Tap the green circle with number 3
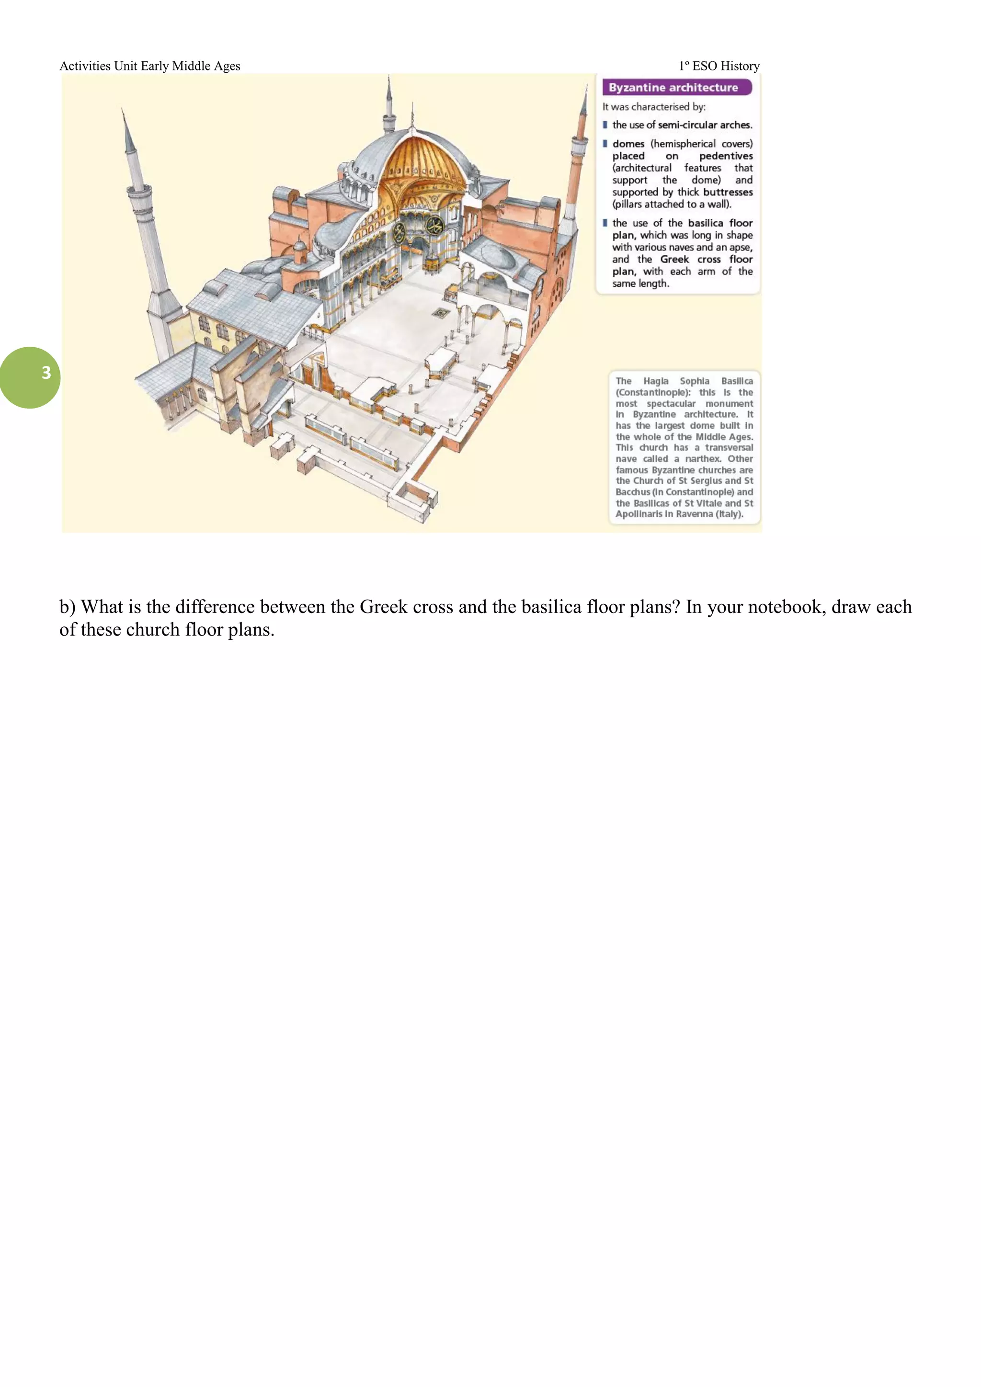coord(30,377)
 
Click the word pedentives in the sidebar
coord(726,156)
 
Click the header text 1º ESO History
coord(719,66)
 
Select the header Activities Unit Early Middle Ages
coord(150,66)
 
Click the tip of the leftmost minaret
coord(123,112)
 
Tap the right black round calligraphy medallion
coord(434,227)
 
